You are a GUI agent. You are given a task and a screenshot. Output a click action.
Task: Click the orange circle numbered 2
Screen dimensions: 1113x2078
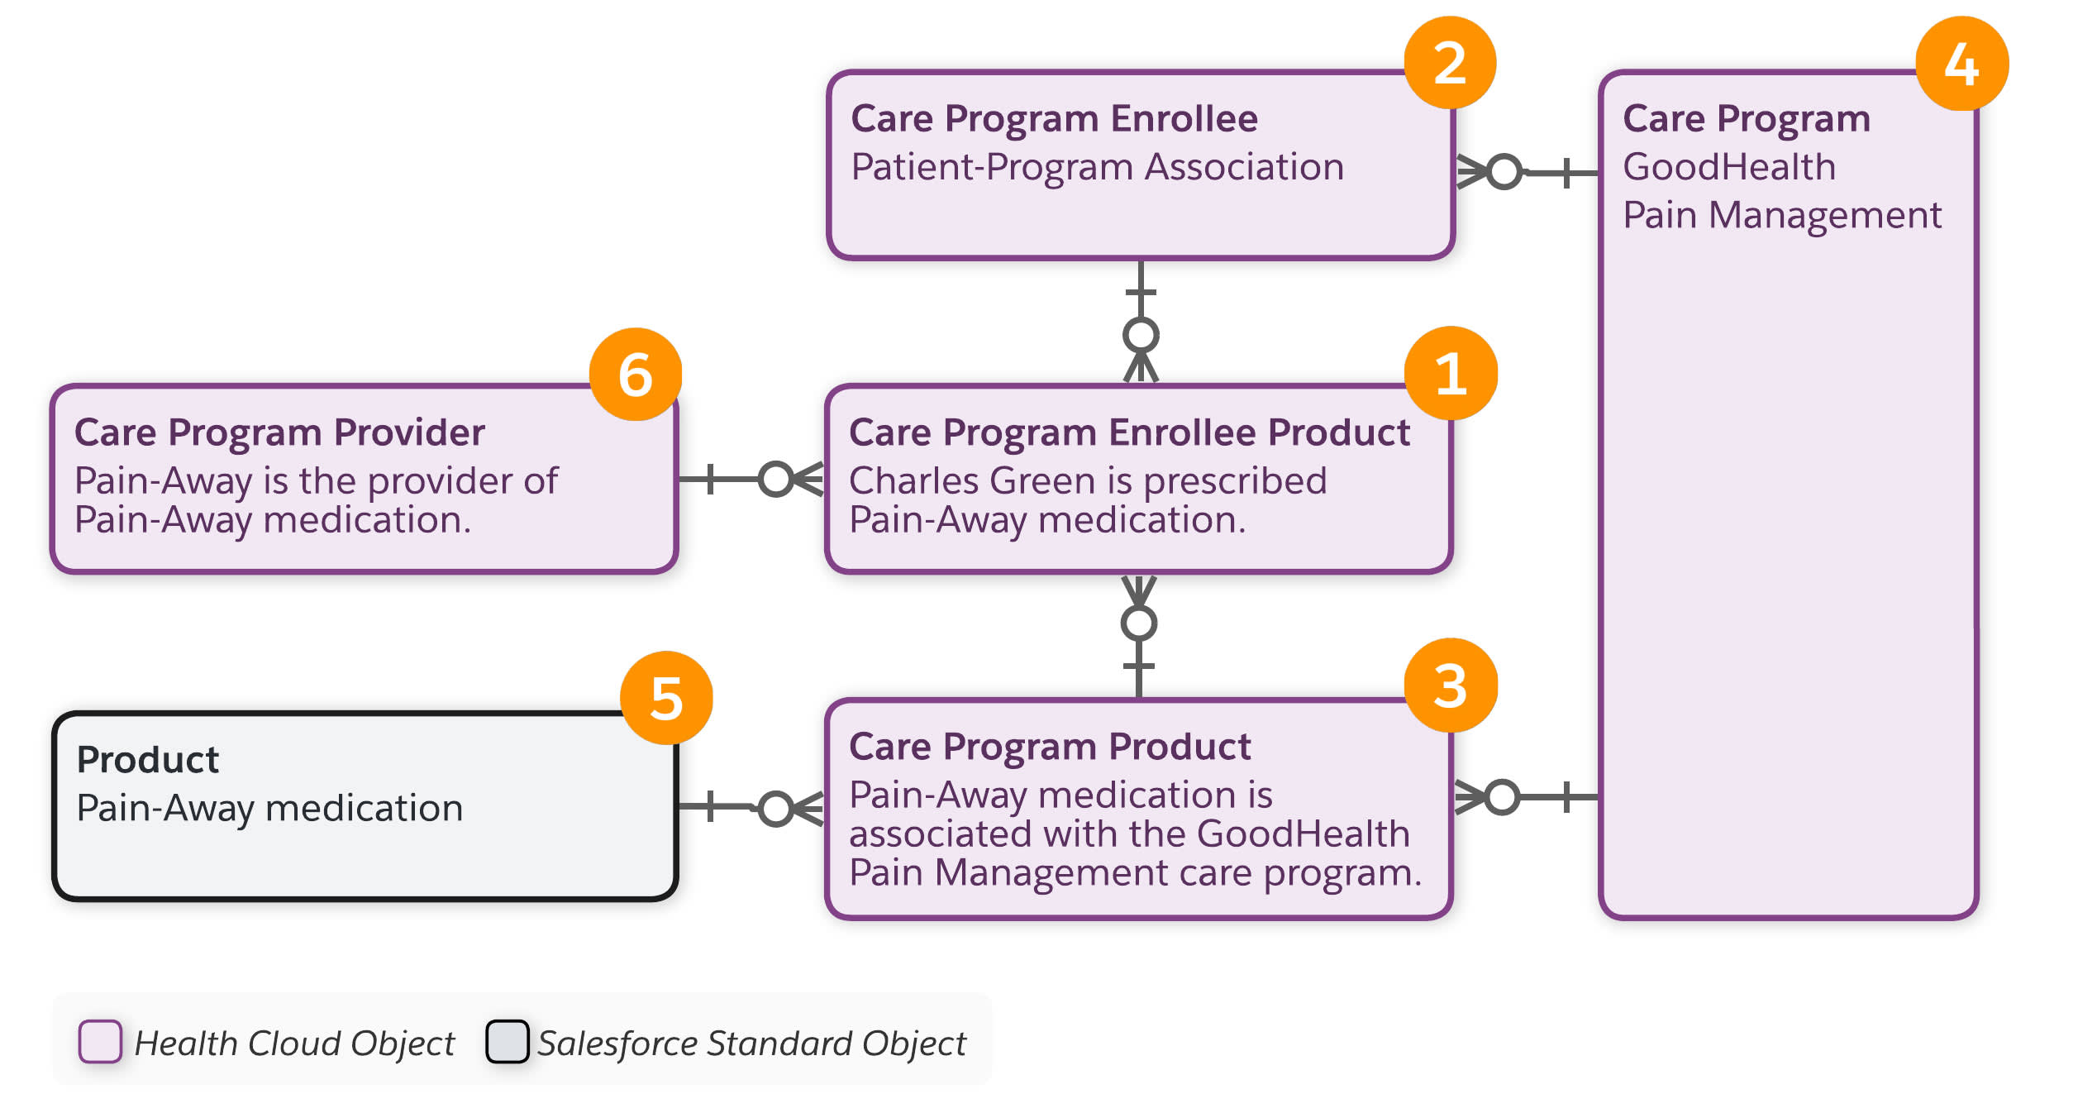(x=1450, y=63)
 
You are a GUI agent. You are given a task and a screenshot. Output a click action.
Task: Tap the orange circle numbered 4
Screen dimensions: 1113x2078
(x=1961, y=63)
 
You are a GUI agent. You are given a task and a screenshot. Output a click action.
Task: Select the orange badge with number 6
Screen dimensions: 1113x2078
(x=635, y=374)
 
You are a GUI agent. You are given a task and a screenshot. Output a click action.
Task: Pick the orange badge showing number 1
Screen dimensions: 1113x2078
(x=1451, y=373)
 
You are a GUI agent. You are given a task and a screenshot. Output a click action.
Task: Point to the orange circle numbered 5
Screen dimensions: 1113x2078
(x=666, y=697)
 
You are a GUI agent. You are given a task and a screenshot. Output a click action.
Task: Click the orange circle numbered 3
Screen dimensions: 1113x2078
(x=1450, y=685)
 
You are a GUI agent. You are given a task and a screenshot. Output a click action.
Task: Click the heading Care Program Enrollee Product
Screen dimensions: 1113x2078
(x=1128, y=432)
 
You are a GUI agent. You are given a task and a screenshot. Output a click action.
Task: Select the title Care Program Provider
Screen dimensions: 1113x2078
(x=279, y=432)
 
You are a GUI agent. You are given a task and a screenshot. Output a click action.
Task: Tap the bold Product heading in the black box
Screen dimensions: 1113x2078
(x=147, y=759)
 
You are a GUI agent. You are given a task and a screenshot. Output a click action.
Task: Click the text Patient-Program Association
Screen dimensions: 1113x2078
(x=1097, y=167)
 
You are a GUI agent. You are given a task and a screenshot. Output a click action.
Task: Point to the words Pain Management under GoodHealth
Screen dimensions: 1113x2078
(x=1781, y=215)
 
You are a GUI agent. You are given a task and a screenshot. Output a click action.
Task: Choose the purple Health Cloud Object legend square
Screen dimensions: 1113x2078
(x=100, y=1041)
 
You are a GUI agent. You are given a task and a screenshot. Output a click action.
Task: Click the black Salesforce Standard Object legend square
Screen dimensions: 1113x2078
(x=507, y=1041)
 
